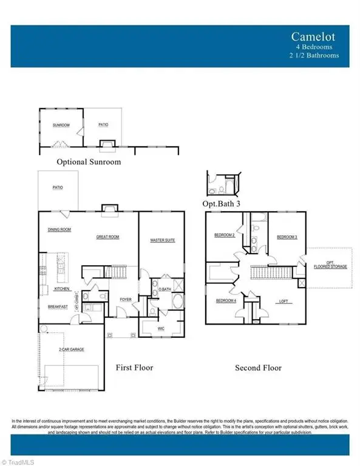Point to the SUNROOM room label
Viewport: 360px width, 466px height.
61,126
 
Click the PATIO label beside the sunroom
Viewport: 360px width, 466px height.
103,126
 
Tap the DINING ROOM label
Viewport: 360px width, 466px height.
60,229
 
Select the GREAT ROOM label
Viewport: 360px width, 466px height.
107,237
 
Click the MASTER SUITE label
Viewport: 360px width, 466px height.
162,241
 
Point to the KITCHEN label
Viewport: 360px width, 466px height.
63,289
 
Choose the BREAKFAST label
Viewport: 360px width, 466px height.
58,307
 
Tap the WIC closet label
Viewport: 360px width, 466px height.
161,328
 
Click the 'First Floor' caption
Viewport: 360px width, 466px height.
135,368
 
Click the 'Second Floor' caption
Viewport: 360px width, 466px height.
258,368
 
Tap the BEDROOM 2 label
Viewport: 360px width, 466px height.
224,235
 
